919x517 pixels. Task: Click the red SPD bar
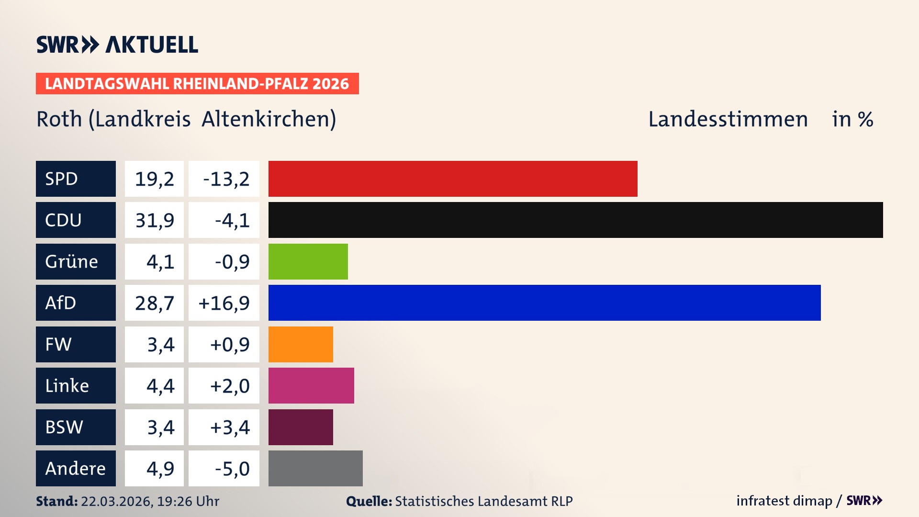point(452,179)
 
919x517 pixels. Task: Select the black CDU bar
point(575,220)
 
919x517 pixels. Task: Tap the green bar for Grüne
point(308,261)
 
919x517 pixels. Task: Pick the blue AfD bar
point(544,303)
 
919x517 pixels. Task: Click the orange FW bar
point(301,344)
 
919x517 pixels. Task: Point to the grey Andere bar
point(315,468)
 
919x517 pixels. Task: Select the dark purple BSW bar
point(301,427)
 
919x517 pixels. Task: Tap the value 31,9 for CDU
point(154,220)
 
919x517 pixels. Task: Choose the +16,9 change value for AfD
point(224,303)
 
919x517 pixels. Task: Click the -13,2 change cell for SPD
point(224,179)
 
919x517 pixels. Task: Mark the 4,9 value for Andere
point(160,469)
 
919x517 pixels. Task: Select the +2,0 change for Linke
point(229,386)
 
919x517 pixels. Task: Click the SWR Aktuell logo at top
point(117,45)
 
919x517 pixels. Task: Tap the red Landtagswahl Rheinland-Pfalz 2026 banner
point(197,84)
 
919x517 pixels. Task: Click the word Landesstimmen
point(728,119)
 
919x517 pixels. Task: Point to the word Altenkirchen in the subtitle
point(268,119)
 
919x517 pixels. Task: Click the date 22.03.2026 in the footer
point(116,501)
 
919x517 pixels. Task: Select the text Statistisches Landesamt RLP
point(483,501)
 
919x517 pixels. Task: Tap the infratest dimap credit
point(784,501)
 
